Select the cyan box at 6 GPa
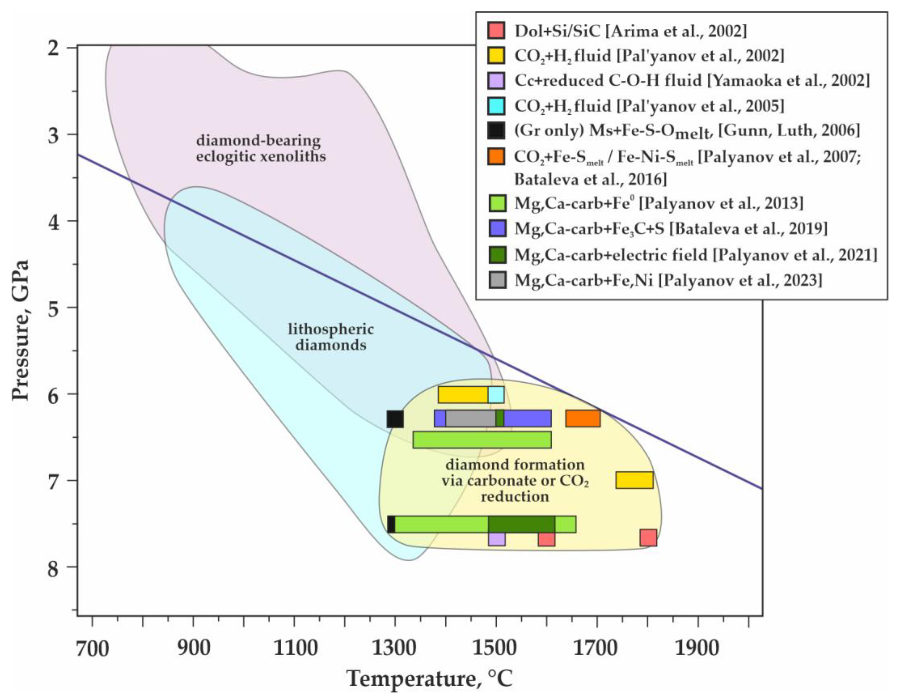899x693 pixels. point(496,394)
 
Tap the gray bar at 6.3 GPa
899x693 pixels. point(471,418)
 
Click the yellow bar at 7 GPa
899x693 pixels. point(634,480)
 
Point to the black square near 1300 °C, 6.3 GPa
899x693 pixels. point(395,419)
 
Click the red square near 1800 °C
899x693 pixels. point(648,538)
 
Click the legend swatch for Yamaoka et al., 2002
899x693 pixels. point(496,81)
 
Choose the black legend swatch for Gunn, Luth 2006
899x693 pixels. point(496,131)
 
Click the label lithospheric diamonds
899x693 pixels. point(331,337)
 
